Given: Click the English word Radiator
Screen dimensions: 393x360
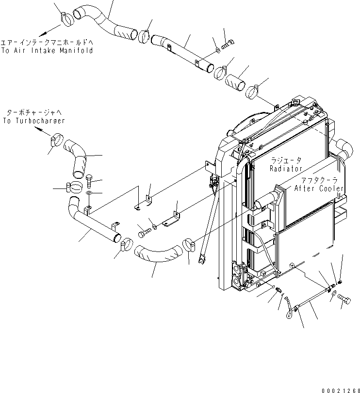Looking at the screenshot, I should (x=286, y=169).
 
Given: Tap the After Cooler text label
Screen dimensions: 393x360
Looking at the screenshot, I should (x=319, y=189).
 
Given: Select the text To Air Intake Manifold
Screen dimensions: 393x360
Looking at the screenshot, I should (x=47, y=50).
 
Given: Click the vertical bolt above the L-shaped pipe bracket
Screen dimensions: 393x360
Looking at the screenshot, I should (x=91, y=182).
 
